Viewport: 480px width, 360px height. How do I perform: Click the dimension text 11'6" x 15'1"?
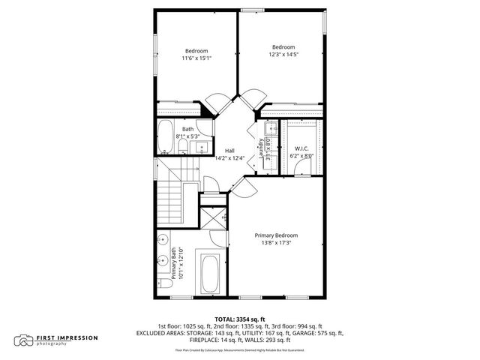click(x=196, y=58)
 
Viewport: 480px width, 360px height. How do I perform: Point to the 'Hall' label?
click(x=229, y=151)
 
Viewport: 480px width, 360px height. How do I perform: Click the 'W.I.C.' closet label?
click(x=301, y=148)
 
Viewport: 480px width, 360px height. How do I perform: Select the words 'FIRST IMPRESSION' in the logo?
click(x=67, y=337)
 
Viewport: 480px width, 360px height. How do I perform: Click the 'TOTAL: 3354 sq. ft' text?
click(x=239, y=319)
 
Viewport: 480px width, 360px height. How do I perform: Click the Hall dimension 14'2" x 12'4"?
click(x=229, y=158)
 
